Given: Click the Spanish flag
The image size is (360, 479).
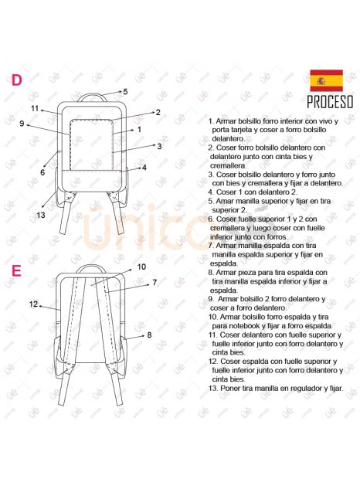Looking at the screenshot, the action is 326,80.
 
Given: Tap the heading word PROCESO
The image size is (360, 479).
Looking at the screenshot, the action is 330,102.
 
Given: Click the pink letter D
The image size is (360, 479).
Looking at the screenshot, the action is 17,80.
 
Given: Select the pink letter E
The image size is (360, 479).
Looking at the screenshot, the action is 16,270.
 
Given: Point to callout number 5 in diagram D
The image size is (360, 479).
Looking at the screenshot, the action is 125,91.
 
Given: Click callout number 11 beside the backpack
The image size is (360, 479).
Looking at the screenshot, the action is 35,108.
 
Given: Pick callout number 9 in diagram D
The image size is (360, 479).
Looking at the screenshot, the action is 22,124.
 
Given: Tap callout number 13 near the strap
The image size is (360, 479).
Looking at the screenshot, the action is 41,215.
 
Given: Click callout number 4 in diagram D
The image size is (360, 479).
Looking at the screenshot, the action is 144,168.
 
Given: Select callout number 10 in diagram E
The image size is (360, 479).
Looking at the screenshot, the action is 141,267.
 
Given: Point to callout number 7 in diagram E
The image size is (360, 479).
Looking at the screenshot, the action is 155,283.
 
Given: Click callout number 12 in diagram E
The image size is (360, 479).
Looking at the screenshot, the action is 33,304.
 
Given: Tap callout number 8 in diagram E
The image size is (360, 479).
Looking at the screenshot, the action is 149,335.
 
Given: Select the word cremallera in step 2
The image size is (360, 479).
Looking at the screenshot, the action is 228,165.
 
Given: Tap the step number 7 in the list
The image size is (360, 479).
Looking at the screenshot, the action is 211,246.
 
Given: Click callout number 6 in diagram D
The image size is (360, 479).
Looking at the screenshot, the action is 42,172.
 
